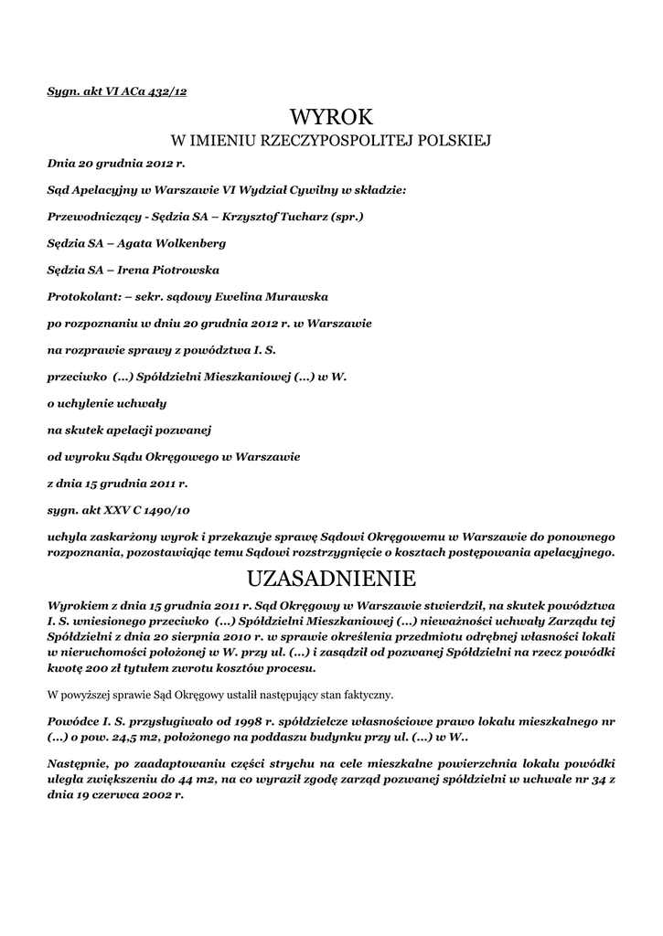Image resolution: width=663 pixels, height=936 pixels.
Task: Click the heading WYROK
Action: tap(332, 116)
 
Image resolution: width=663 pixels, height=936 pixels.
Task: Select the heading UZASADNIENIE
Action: tap(332, 579)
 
